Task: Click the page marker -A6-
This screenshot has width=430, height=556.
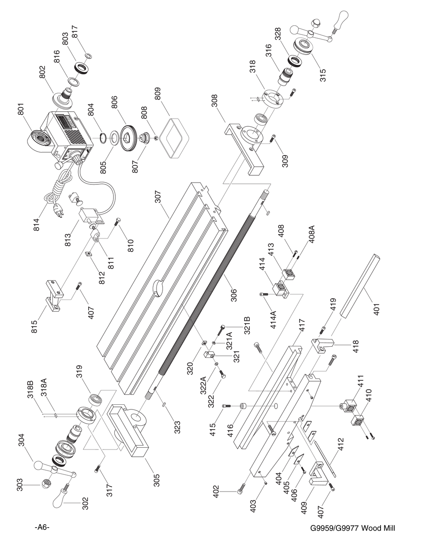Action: point(42,528)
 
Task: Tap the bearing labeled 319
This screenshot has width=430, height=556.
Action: point(95,398)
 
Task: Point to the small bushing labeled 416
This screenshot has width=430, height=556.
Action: point(244,406)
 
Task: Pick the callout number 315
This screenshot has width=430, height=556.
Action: point(323,75)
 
